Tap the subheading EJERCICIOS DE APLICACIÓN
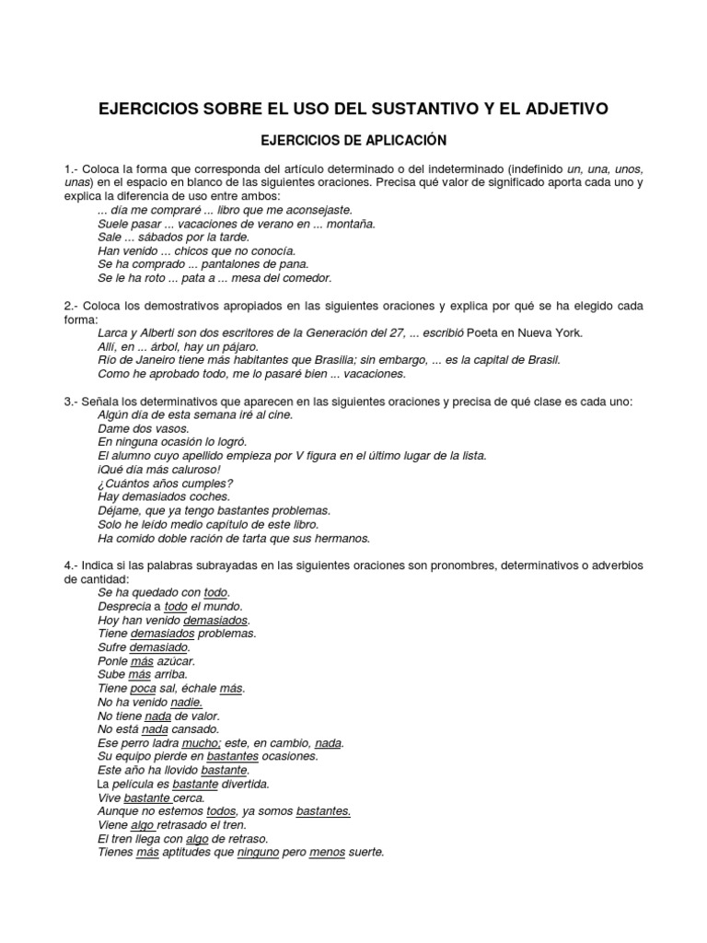(x=353, y=141)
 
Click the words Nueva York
(x=551, y=332)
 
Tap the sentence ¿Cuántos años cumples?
(x=165, y=483)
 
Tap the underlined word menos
(x=327, y=852)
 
